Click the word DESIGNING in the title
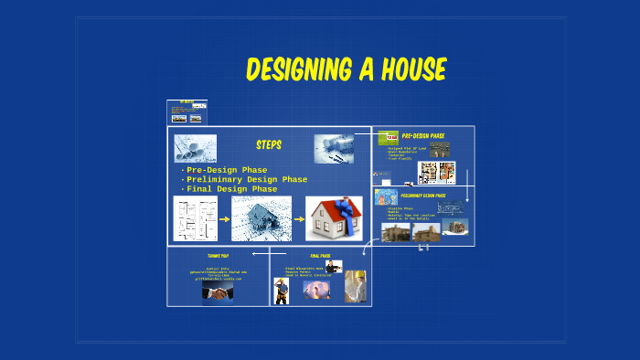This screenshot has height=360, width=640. [x=301, y=69]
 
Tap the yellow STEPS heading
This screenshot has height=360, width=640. [x=268, y=145]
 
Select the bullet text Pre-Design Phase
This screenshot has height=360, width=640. [x=225, y=170]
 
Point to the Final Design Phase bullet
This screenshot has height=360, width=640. [x=231, y=189]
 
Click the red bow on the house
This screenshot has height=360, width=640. [x=347, y=210]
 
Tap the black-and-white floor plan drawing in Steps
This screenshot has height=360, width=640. [x=196, y=218]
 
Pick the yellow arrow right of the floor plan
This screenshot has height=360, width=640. [x=224, y=219]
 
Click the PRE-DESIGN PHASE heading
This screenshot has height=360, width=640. [x=422, y=136]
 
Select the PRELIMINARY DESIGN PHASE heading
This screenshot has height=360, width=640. [x=422, y=196]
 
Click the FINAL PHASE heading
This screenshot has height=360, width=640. [x=319, y=256]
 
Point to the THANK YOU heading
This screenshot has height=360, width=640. [x=217, y=256]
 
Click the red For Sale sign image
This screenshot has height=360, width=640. [x=388, y=137]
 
